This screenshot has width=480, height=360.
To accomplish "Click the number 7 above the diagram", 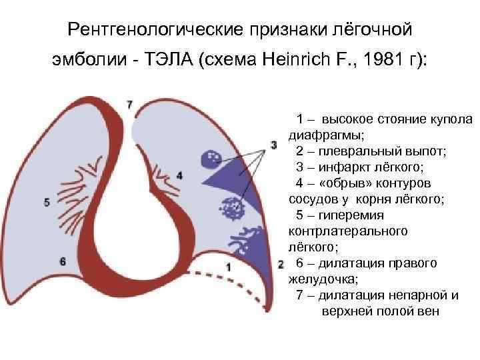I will coord(129,105).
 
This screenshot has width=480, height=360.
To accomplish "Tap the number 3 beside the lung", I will coord(273,145).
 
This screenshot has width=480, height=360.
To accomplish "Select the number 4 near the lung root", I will coord(179,175).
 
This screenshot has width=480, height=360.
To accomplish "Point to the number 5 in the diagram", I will coord(46,201).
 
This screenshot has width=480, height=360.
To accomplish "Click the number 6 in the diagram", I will coord(63,261).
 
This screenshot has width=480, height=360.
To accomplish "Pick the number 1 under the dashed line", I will coord(228,267).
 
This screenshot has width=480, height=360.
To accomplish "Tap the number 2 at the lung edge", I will coord(281,264).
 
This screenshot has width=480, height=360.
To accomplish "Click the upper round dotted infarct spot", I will coord(211,159).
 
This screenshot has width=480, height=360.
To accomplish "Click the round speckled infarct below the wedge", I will coord(233,209).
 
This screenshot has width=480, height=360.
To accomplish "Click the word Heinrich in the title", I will coord(299,61).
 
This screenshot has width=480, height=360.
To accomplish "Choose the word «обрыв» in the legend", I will coord(345,183).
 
